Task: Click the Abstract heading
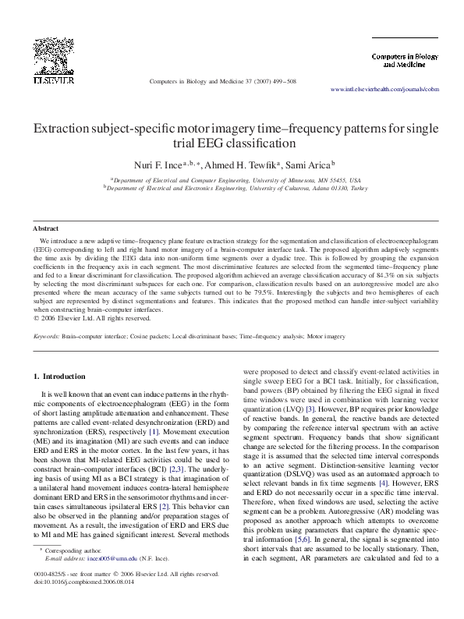tap(46, 228)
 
